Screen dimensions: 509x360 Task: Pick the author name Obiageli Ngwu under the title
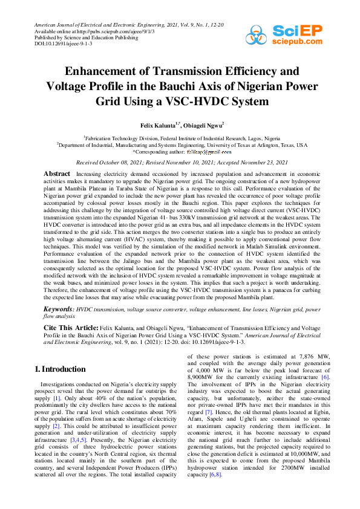tap(203, 125)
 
